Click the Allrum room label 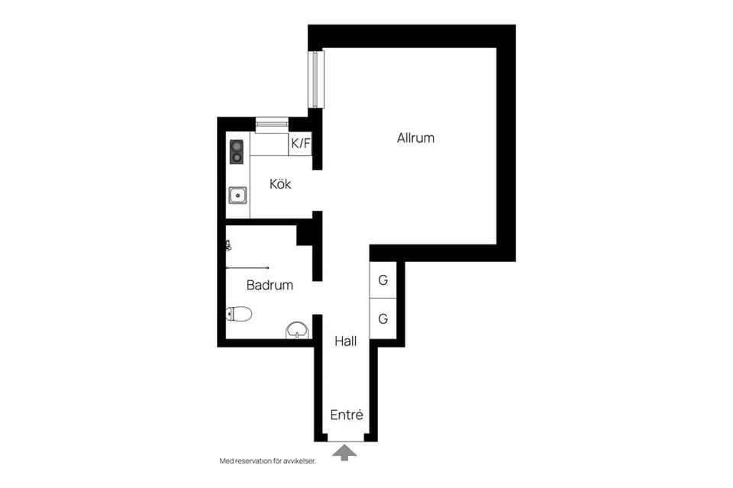coord(415,138)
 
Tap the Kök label coord(280,184)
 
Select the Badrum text coord(270,285)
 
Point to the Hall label coord(345,341)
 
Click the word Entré coord(347,415)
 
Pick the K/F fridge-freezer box coord(300,144)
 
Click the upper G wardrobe coord(383,280)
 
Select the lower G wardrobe coord(383,318)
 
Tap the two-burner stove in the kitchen coord(237,151)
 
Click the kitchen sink coord(238,195)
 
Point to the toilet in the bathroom coord(239,314)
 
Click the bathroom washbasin coord(298,331)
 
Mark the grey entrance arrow coord(344,453)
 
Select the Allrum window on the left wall coord(318,79)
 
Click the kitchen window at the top coord(272,124)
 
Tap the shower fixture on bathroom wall coord(228,245)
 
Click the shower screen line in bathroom coord(247,268)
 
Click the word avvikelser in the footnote coord(301,461)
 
